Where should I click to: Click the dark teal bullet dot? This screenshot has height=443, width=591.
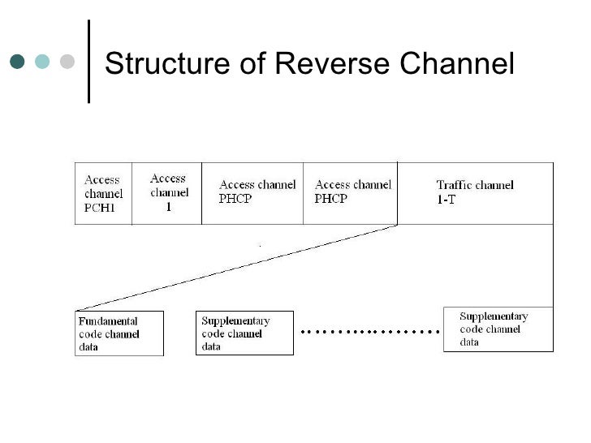[18, 62]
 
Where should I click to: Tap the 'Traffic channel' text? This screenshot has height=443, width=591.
[474, 185]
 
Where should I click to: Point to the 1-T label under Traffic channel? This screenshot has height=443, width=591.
[446, 200]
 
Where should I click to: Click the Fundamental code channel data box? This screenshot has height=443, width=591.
[119, 333]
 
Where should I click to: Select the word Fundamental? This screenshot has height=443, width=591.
[108, 321]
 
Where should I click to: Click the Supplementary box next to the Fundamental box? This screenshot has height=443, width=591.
[244, 333]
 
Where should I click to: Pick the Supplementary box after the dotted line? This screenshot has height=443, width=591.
[498, 329]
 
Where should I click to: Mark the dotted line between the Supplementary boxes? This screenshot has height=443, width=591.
[369, 332]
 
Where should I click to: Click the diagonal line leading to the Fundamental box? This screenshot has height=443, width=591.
[235, 267]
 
